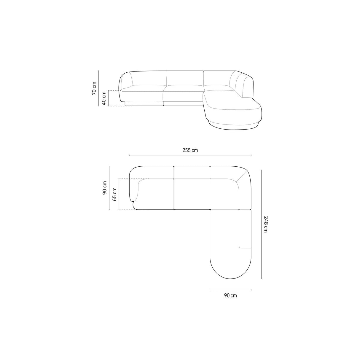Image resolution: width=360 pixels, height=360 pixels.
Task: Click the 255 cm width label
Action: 190,150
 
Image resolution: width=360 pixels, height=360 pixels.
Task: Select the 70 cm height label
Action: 94,88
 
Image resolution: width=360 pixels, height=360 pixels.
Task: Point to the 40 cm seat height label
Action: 104,98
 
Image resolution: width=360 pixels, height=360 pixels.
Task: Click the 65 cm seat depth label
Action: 114,194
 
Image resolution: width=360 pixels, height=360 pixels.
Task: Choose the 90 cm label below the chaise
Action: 230,295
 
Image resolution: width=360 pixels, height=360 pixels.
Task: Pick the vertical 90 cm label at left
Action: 104,188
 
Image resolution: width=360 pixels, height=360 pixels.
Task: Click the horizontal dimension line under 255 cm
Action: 190,155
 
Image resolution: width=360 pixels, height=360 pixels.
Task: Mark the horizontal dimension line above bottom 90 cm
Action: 230,290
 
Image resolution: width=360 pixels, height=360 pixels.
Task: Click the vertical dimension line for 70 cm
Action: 99,88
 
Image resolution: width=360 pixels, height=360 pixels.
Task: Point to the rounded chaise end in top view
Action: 230,268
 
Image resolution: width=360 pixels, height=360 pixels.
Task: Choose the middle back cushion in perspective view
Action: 185,79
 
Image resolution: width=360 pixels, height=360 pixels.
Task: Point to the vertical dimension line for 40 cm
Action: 109,98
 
